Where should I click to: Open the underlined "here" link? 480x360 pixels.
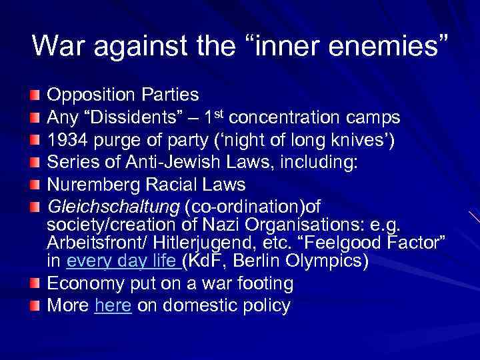pos(113,306)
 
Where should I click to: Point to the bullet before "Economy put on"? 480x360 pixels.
pos(35,284)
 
